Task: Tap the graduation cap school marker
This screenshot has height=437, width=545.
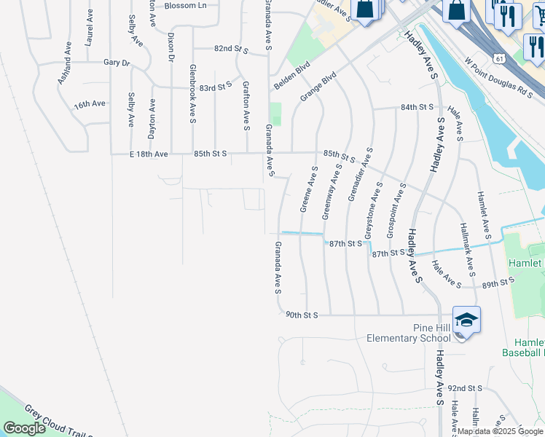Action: point(466,320)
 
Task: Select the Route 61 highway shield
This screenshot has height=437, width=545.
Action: point(498,58)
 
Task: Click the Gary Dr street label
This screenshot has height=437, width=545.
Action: point(116,63)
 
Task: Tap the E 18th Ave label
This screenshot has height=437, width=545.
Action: point(149,154)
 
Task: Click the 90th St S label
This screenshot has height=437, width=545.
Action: point(302,315)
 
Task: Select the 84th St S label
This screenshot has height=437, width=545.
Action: point(417,107)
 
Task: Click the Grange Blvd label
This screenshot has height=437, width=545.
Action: point(319,87)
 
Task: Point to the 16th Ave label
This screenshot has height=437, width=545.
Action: point(90,105)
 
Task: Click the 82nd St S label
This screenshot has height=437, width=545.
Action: point(232,48)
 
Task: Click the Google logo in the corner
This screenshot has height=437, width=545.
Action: point(24,428)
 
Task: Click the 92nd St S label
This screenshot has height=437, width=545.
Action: point(465,388)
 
